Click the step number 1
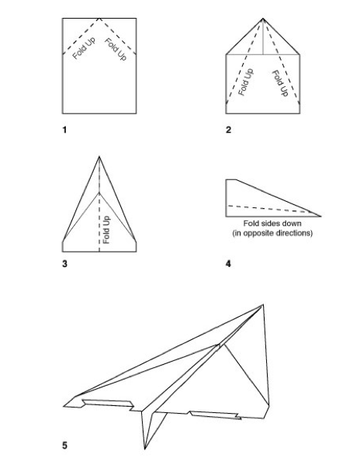tap(64, 130)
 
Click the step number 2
tap(228, 130)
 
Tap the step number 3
tap(65, 264)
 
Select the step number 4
tap(228, 264)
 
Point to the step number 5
tap(65, 446)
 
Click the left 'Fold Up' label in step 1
tap(84, 48)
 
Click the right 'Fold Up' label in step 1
tap(116, 50)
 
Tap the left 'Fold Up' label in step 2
tap(246, 82)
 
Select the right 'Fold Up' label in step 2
tap(280, 83)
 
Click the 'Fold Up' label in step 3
tap(106, 230)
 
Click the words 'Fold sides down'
tap(272, 224)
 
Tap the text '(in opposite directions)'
tap(272, 233)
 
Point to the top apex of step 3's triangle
tap(99, 157)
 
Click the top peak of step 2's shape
tap(263, 19)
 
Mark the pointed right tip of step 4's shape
tap(321, 217)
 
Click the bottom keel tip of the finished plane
tap(145, 449)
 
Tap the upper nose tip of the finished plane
tap(263, 304)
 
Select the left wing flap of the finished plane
tap(108, 403)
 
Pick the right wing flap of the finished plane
tap(216, 415)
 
